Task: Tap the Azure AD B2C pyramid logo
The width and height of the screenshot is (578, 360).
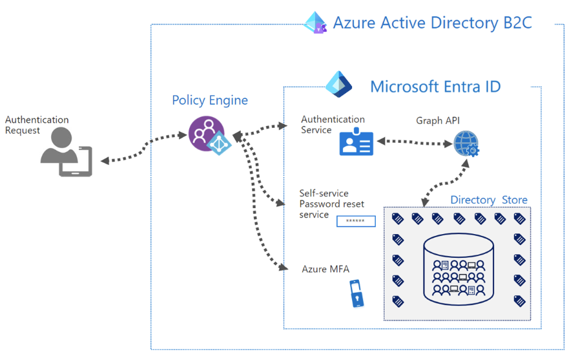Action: pyautogui.click(x=316, y=23)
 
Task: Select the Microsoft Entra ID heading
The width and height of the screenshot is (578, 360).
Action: pyautogui.click(x=435, y=86)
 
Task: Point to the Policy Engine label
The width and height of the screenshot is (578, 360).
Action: pyautogui.click(x=209, y=100)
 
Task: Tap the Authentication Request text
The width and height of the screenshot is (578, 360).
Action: pyautogui.click(x=36, y=125)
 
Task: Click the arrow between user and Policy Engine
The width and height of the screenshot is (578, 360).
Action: pyautogui.click(x=139, y=148)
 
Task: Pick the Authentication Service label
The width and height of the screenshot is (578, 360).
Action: pyautogui.click(x=333, y=124)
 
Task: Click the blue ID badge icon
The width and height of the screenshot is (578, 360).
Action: pyautogui.click(x=356, y=143)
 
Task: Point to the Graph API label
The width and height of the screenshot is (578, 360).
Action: pyautogui.click(x=438, y=121)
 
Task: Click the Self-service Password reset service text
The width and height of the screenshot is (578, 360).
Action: pyautogui.click(x=331, y=204)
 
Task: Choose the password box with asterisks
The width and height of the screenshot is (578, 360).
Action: pyautogui.click(x=356, y=222)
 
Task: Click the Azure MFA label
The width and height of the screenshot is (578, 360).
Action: pyautogui.click(x=325, y=269)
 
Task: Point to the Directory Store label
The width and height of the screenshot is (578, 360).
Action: pyautogui.click(x=488, y=200)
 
